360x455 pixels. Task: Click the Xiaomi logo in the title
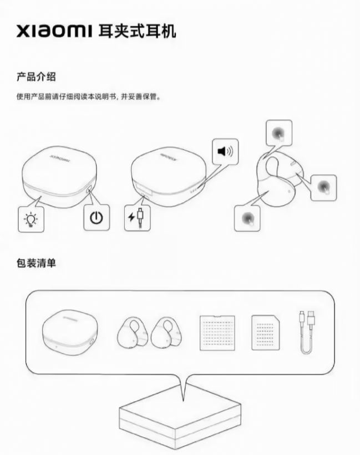point(54,32)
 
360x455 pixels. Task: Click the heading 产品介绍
point(36,77)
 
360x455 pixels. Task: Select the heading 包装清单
point(36,263)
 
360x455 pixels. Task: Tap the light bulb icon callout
point(31,219)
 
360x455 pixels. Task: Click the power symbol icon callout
point(97,217)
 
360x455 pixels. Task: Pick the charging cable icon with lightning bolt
point(138,218)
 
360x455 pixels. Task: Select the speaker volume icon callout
point(225,151)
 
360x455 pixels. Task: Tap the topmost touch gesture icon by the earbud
point(279,133)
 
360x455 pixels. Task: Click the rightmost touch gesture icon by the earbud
point(324,188)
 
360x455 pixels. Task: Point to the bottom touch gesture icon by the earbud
point(247,218)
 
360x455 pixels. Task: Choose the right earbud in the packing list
point(166,333)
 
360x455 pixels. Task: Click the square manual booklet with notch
point(217,333)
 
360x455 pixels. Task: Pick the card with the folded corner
point(266,333)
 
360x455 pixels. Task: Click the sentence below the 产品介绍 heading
point(89,96)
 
